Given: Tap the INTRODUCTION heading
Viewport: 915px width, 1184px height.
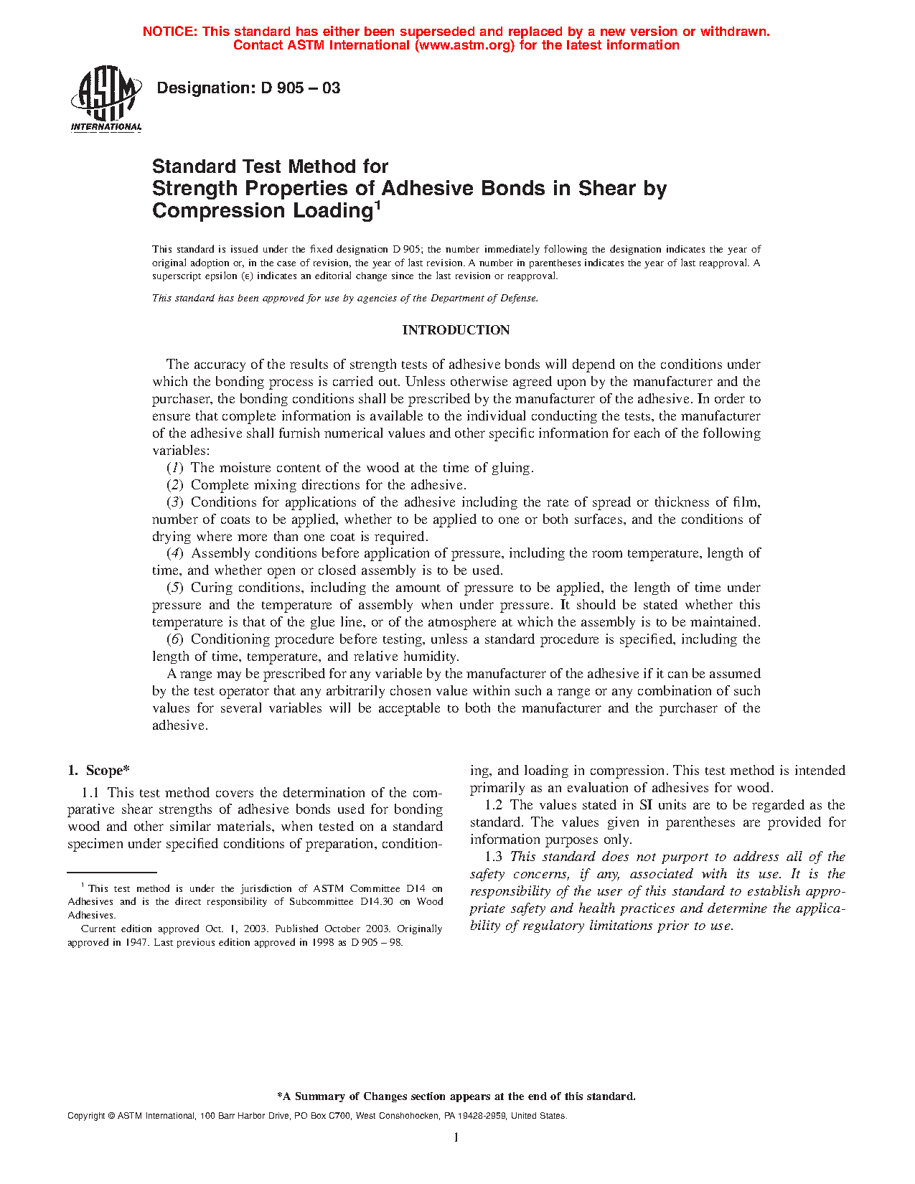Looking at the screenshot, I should pyautogui.click(x=456, y=330).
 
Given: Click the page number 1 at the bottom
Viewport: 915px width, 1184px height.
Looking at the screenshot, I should pyautogui.click(x=456, y=1137).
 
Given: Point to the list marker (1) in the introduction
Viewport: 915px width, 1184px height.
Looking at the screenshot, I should pyautogui.click(x=175, y=468).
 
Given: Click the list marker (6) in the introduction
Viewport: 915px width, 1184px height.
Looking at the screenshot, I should pyautogui.click(x=175, y=639).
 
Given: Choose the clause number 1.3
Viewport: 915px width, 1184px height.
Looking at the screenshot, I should pyautogui.click(x=494, y=857).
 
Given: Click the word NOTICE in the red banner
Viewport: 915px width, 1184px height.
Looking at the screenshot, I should pyautogui.click(x=169, y=32).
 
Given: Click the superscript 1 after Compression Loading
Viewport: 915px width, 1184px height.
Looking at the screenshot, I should pyautogui.click(x=377, y=205).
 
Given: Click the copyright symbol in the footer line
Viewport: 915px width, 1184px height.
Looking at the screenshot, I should pyautogui.click(x=111, y=1117).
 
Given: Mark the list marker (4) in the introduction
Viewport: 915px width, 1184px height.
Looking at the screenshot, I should pyautogui.click(x=175, y=553).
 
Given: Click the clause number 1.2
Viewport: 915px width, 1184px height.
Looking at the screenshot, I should pyautogui.click(x=494, y=805).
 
